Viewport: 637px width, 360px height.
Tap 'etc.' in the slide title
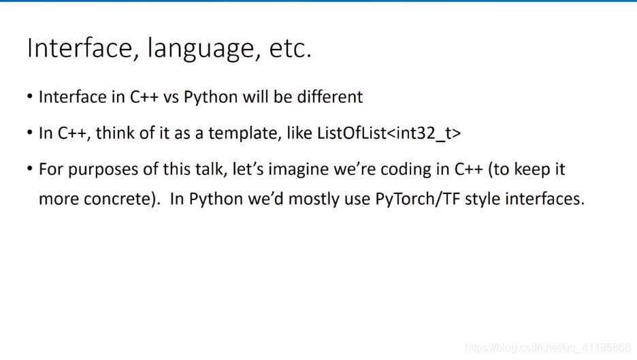coord(291,48)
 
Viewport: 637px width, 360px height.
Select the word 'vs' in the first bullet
coord(171,97)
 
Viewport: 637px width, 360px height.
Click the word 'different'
coord(330,97)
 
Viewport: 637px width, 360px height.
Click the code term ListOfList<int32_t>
coord(389,133)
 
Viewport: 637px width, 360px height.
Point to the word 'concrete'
coord(118,199)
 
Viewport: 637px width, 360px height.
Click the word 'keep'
coord(530,169)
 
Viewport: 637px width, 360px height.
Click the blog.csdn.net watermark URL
coord(548,348)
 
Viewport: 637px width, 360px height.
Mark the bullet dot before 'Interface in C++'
coord(30,97)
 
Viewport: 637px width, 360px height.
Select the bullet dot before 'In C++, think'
coord(30,133)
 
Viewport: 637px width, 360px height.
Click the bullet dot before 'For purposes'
coord(30,168)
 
